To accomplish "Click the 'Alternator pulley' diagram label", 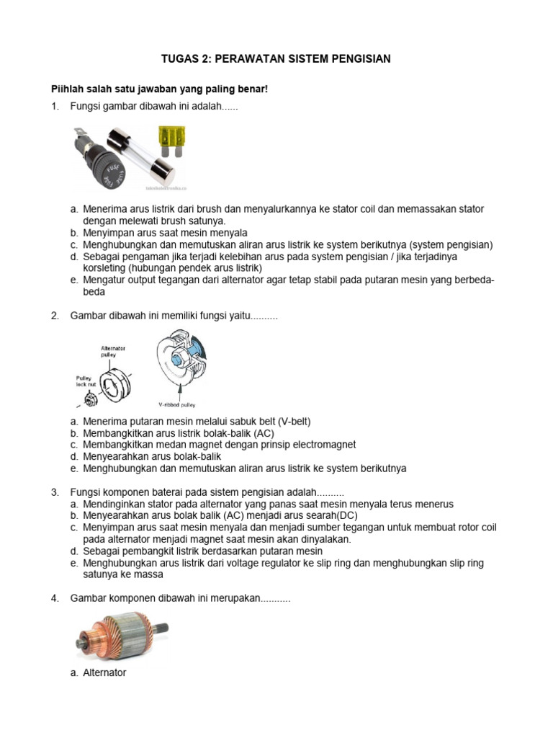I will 114,351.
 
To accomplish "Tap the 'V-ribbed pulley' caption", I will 177,405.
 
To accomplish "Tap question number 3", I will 54,492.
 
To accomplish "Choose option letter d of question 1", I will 73,257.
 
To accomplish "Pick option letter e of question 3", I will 73,563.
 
